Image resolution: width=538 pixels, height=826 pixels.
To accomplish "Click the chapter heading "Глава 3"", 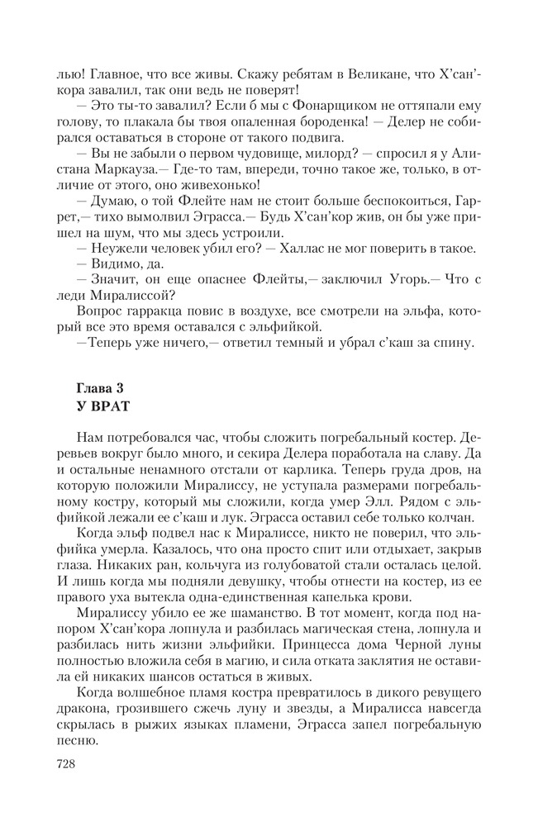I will [x=101, y=387].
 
